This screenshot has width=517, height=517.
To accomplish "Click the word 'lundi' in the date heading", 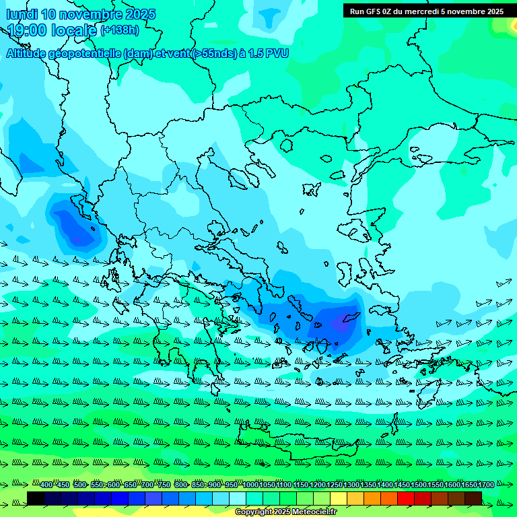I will tap(22, 14).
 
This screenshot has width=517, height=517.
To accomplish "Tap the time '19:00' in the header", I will tap(28, 30).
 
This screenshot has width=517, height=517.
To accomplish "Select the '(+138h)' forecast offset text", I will tap(120, 30).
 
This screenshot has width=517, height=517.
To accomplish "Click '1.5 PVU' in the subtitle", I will tap(269, 53).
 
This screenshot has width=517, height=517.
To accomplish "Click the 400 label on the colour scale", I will tap(46, 485).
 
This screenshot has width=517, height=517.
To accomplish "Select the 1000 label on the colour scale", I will tap(250, 485).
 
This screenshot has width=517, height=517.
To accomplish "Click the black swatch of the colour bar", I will tap(36, 498).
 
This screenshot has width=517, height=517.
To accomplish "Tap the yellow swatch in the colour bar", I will tap(339, 498).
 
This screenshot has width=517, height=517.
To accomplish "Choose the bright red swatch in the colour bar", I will tap(406, 498).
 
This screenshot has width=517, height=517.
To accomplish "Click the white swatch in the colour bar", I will tap(238, 498).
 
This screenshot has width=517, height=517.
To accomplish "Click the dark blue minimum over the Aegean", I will tap(340, 322).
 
